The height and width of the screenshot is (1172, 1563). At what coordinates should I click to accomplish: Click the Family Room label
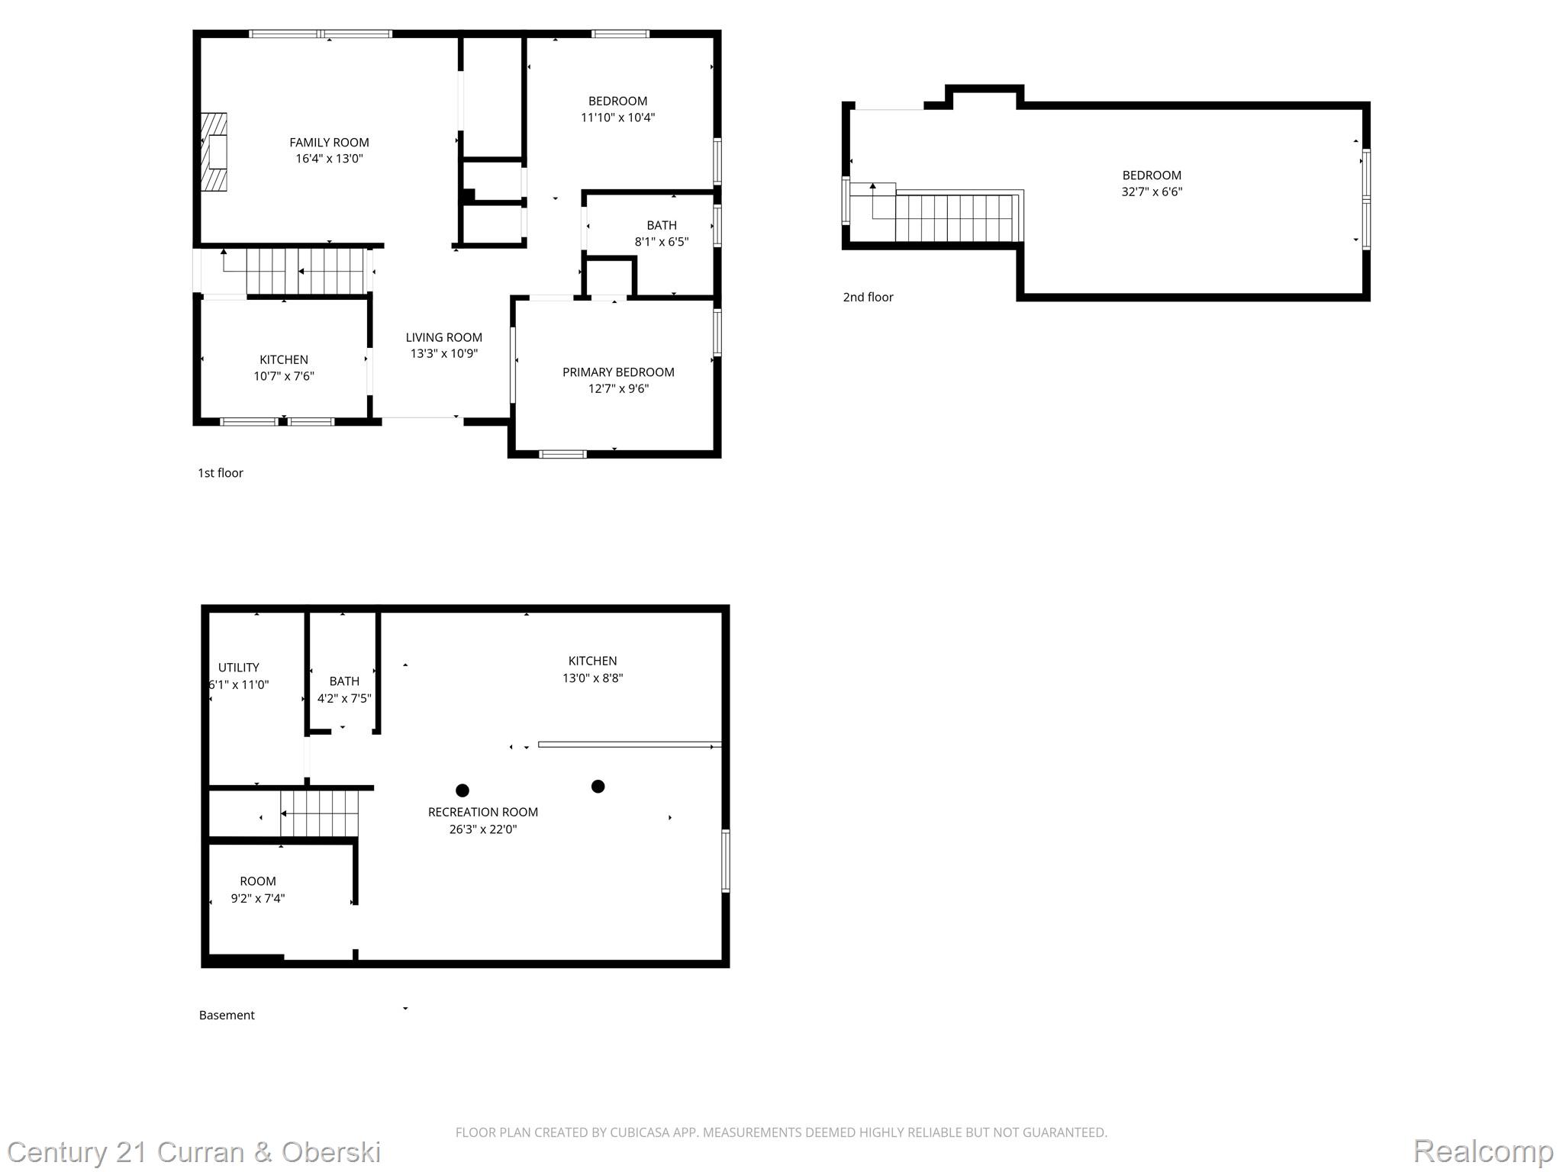pos(329,143)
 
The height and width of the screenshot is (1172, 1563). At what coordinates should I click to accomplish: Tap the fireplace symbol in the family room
pos(214,152)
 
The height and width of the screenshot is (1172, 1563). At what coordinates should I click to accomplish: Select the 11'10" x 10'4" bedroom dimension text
pos(617,118)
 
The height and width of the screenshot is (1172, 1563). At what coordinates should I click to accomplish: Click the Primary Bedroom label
pos(618,372)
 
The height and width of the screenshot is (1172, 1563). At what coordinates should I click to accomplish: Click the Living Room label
pos(443,337)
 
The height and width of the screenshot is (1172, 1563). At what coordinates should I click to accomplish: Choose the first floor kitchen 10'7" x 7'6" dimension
pos(284,376)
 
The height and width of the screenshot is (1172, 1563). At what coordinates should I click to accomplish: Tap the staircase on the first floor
pos(305,271)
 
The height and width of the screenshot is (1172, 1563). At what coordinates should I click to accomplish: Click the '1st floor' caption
pos(221,473)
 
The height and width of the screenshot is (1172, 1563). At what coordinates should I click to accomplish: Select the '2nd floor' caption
pos(868,298)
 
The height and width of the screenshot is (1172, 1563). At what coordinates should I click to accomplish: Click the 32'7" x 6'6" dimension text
pos(1152,192)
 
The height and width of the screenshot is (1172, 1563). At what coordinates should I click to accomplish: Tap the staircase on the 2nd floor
pos(954,217)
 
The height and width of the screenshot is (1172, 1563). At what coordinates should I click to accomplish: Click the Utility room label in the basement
pos(239,668)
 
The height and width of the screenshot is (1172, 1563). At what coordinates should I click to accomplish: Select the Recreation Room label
pos(483,813)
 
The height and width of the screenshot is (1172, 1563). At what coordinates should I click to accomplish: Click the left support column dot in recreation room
pos(462,790)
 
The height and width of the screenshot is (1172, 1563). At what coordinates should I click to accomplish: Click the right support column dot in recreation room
pos(598,787)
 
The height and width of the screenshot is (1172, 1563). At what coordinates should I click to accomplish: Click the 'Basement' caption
pos(227,1016)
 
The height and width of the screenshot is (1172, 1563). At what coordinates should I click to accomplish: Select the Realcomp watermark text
pos(1483,1151)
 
